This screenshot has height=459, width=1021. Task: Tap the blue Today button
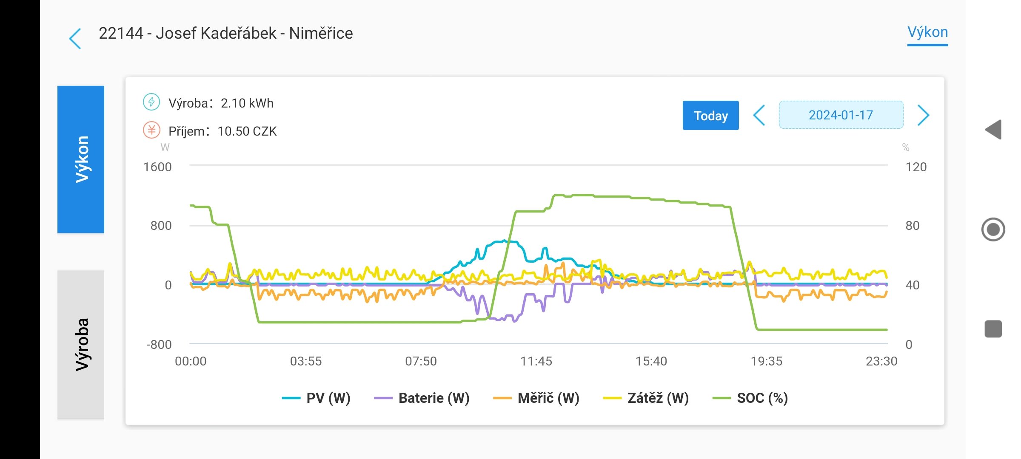[710, 116]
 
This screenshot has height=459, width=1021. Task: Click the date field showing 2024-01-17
[841, 115]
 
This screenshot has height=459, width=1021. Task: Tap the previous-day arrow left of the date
[759, 115]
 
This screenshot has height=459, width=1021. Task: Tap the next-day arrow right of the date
[923, 115]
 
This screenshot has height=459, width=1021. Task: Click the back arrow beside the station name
[75, 39]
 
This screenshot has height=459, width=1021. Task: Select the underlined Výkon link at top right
[927, 33]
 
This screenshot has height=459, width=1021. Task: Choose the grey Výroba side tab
[81, 344]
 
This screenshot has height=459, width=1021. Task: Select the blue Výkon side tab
[81, 159]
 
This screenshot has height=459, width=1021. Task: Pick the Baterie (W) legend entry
[422, 398]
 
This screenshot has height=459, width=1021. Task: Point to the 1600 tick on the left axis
[157, 167]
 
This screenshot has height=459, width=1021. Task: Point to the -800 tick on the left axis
[159, 345]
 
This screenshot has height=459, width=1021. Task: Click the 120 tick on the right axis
[915, 167]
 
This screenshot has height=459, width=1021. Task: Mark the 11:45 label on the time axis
[536, 361]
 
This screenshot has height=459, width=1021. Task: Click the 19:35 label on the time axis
[766, 361]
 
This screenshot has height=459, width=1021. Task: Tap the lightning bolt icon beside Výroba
[151, 102]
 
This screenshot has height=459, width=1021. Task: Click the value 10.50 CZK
[247, 131]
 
